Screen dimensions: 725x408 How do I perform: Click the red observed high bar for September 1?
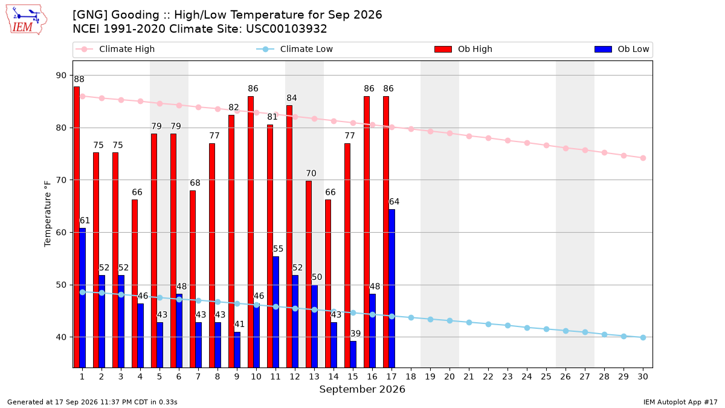(x=77, y=227)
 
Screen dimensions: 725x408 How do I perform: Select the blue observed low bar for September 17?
(x=392, y=288)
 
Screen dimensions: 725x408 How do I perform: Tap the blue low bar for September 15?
(x=353, y=354)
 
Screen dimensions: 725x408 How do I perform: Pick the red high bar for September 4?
(x=135, y=283)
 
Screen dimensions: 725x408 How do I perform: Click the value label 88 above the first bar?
(x=79, y=79)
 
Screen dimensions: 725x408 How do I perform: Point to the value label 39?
(x=355, y=334)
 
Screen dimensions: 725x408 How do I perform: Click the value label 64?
(x=394, y=202)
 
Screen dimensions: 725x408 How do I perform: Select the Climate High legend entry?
(x=115, y=49)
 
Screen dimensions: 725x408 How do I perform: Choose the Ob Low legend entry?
(x=622, y=49)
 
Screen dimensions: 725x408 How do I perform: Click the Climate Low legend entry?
(x=295, y=49)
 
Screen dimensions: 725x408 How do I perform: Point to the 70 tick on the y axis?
(x=61, y=180)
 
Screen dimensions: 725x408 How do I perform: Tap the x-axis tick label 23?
(x=507, y=377)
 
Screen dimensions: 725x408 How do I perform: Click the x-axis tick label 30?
(x=643, y=377)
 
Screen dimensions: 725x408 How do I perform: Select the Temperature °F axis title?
(x=48, y=214)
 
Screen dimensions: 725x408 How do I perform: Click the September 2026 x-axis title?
(x=362, y=389)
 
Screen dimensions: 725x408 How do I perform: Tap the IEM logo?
(x=27, y=20)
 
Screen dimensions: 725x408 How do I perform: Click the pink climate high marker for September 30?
(x=643, y=158)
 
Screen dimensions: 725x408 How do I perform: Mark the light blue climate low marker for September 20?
(x=449, y=320)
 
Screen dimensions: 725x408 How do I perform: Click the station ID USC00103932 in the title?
(x=286, y=29)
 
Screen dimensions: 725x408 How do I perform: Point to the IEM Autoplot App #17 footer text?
(x=680, y=402)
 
